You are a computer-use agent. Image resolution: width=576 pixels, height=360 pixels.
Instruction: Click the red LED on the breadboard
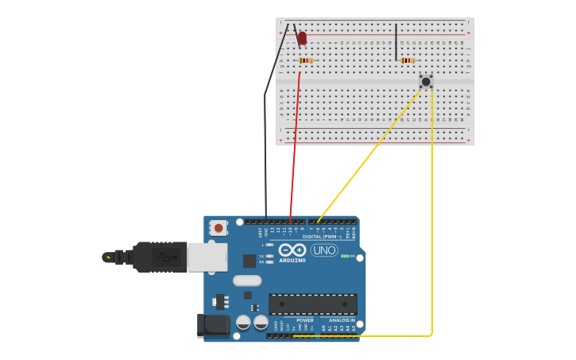pos(302,37)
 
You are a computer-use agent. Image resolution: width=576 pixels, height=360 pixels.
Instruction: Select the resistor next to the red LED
pos(306,60)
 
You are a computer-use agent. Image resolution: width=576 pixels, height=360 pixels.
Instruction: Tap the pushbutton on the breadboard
pos(426,81)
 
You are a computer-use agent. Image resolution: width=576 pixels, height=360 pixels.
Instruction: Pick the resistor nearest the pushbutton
pos(408,60)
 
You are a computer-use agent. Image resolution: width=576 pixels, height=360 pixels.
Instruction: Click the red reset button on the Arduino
pos(218,228)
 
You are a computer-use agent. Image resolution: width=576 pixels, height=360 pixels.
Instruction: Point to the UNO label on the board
pos(324,250)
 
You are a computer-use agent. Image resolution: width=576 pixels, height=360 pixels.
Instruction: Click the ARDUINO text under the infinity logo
pos(293,260)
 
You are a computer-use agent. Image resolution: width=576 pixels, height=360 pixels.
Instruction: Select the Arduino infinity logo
pos(293,250)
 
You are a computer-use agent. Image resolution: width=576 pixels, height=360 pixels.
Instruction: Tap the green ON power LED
pos(344,256)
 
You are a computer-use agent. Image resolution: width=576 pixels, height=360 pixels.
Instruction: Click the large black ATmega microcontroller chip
pos(312,304)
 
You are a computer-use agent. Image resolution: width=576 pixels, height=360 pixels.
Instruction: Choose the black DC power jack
pos(213,325)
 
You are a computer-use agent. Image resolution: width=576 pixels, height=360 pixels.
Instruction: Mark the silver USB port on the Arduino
pos(207,257)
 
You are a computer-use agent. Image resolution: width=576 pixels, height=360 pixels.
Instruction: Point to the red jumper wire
pos(296,143)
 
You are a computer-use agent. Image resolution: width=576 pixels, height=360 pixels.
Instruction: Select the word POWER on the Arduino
pos(305,320)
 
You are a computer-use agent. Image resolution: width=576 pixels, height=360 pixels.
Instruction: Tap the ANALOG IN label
pos(342,320)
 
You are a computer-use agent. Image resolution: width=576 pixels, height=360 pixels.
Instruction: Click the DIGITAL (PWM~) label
pos(323,236)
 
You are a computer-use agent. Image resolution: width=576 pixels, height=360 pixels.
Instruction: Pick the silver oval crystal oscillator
pos(247,281)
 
